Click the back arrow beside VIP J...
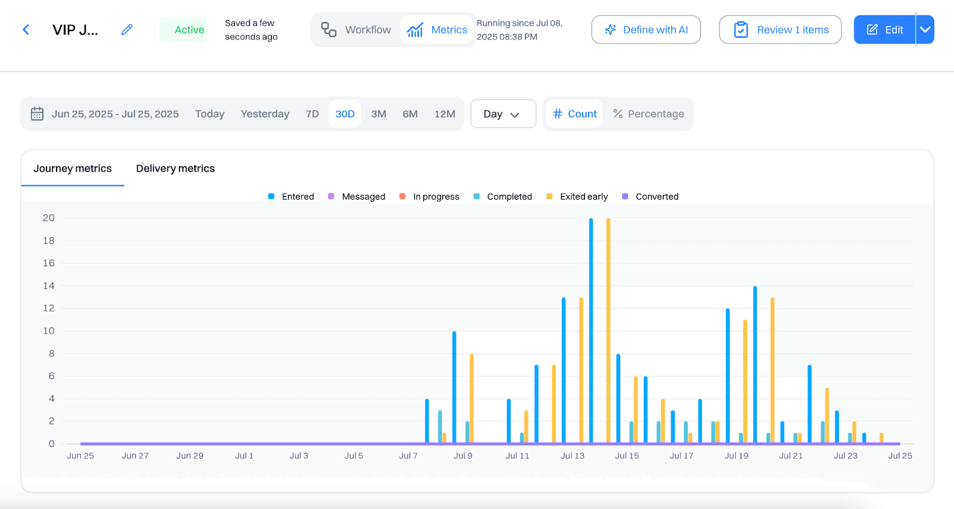[x=26, y=30]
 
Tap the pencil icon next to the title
[x=127, y=30]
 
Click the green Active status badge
[x=183, y=30]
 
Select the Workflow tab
[x=357, y=30]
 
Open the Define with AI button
[x=646, y=30]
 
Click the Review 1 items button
[x=780, y=30]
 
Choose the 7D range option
[x=312, y=114]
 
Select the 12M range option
[x=444, y=114]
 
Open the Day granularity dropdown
[x=503, y=114]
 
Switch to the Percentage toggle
[x=648, y=114]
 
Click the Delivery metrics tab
[x=175, y=169]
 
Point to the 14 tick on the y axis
[x=48, y=286]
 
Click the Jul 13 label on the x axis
[x=572, y=456]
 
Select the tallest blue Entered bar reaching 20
[x=591, y=331]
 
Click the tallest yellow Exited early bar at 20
[x=608, y=331]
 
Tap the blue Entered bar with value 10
[x=454, y=387]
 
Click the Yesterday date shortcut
[x=265, y=114]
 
